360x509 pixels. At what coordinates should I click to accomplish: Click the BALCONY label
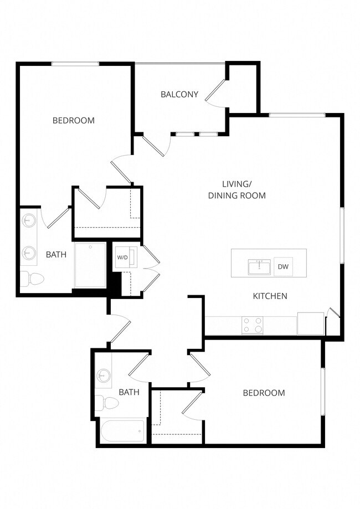pyautogui.click(x=179, y=94)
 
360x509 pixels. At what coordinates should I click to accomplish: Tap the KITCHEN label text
pyautogui.click(x=270, y=296)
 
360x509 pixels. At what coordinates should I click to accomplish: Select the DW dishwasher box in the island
pyautogui.click(x=283, y=267)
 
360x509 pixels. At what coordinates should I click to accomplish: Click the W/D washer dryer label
pyautogui.click(x=122, y=258)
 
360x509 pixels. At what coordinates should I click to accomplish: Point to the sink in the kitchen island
pyautogui.click(x=259, y=267)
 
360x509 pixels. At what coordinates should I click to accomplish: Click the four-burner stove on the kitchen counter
pyautogui.click(x=253, y=325)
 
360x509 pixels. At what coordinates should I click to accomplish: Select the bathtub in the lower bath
pyautogui.click(x=122, y=431)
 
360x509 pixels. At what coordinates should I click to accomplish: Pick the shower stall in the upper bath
pyautogui.click(x=90, y=265)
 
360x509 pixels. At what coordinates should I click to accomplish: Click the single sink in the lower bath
pyautogui.click(x=102, y=375)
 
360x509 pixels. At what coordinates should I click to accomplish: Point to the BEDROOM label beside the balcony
pyautogui.click(x=73, y=120)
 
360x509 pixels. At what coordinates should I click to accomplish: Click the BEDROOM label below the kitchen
pyautogui.click(x=264, y=393)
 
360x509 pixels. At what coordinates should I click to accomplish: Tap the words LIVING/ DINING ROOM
pyautogui.click(x=236, y=189)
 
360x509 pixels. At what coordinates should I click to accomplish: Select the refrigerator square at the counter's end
pyautogui.click(x=310, y=324)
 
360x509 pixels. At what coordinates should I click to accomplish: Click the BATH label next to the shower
pyautogui.click(x=56, y=255)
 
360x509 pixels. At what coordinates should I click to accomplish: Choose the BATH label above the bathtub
pyautogui.click(x=129, y=392)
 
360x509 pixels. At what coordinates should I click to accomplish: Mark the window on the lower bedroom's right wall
pyautogui.click(x=322, y=391)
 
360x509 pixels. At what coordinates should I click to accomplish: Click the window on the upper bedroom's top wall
pyautogui.click(x=75, y=64)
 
